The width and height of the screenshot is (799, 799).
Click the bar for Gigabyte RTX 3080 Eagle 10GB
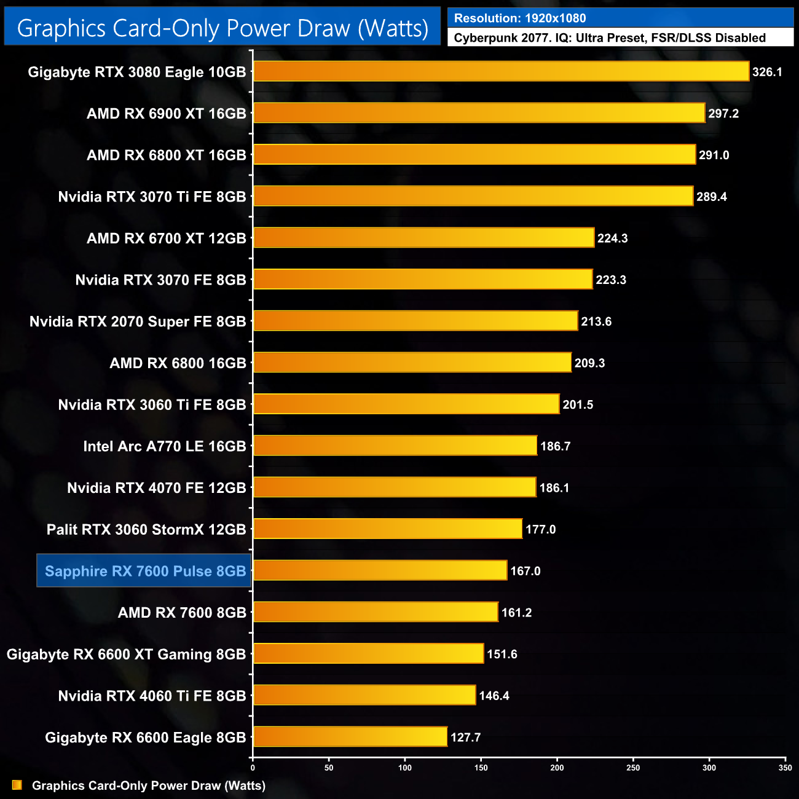pos(501,72)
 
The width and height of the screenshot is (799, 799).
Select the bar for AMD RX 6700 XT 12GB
pos(423,238)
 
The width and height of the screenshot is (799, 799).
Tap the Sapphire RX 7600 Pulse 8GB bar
pos(380,571)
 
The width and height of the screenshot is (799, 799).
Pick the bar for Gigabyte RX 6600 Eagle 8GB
pos(350,737)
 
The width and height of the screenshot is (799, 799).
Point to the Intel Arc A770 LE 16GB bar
pos(395,446)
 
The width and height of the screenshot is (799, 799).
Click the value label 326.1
pos(767,72)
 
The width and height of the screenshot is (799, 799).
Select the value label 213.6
pos(596,321)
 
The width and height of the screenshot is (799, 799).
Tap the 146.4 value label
pos(494,696)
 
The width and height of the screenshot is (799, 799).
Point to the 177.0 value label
pos(540,529)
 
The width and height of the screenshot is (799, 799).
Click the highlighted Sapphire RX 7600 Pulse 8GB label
pos(145,571)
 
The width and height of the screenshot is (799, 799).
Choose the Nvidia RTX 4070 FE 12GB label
pos(157,488)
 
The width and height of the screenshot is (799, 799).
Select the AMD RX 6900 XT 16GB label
pos(167,114)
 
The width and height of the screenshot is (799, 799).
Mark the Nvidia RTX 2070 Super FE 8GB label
pos(138,321)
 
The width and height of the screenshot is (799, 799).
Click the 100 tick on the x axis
pos(405,768)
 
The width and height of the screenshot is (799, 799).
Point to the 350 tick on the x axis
pos(785,768)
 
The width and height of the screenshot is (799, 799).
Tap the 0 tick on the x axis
pos(253,768)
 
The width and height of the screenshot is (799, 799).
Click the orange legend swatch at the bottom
pos(17,785)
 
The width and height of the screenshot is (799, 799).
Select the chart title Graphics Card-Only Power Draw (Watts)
pos(222,28)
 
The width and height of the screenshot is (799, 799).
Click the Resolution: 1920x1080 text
pos(520,18)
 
